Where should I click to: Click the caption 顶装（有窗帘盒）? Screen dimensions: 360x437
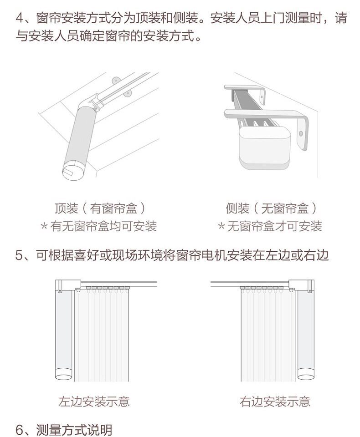pyautogui.click(x=100, y=208)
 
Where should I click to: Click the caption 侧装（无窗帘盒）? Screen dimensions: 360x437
pyautogui.click(x=271, y=208)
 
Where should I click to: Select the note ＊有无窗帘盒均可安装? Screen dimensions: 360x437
pyautogui.click(x=98, y=226)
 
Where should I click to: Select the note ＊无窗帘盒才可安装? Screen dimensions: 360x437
pyautogui.click(x=270, y=226)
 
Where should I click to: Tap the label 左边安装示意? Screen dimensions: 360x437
pyautogui.click(x=94, y=401)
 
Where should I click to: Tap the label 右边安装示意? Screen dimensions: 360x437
pyautogui.click(x=275, y=401)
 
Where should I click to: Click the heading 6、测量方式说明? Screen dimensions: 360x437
pyautogui.click(x=64, y=430)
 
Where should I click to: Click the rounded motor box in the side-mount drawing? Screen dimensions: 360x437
pyautogui.click(x=264, y=147)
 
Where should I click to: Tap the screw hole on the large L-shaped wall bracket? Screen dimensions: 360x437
pyautogui.click(x=301, y=133)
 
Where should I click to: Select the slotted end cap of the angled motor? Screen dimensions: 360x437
pyautogui.click(x=72, y=171)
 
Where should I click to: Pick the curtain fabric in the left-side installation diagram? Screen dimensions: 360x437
pyautogui.click(x=102, y=335)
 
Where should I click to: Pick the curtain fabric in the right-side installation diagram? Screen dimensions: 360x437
pyautogui.click(x=268, y=335)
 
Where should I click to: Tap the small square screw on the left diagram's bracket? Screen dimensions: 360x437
pyautogui.click(x=59, y=291)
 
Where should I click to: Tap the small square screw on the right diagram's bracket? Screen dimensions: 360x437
pyautogui.click(x=310, y=291)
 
